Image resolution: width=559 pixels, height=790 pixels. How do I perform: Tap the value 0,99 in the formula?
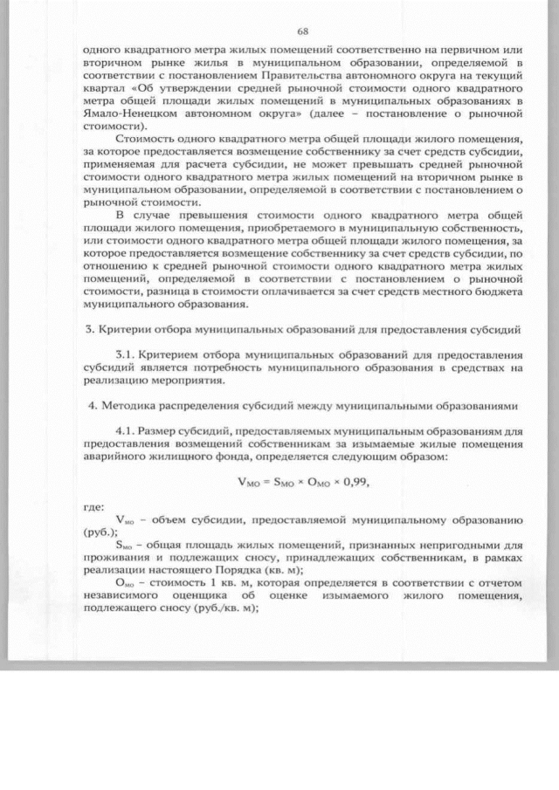point(367,479)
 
